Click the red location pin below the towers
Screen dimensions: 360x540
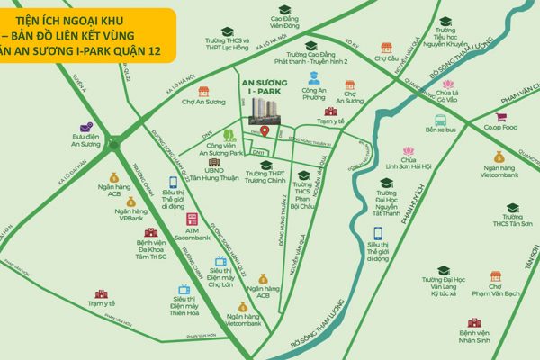point(265,132)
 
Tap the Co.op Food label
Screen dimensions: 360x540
point(498,127)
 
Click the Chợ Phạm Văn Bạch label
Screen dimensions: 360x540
point(495,294)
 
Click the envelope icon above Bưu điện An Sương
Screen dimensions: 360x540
point(85,127)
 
